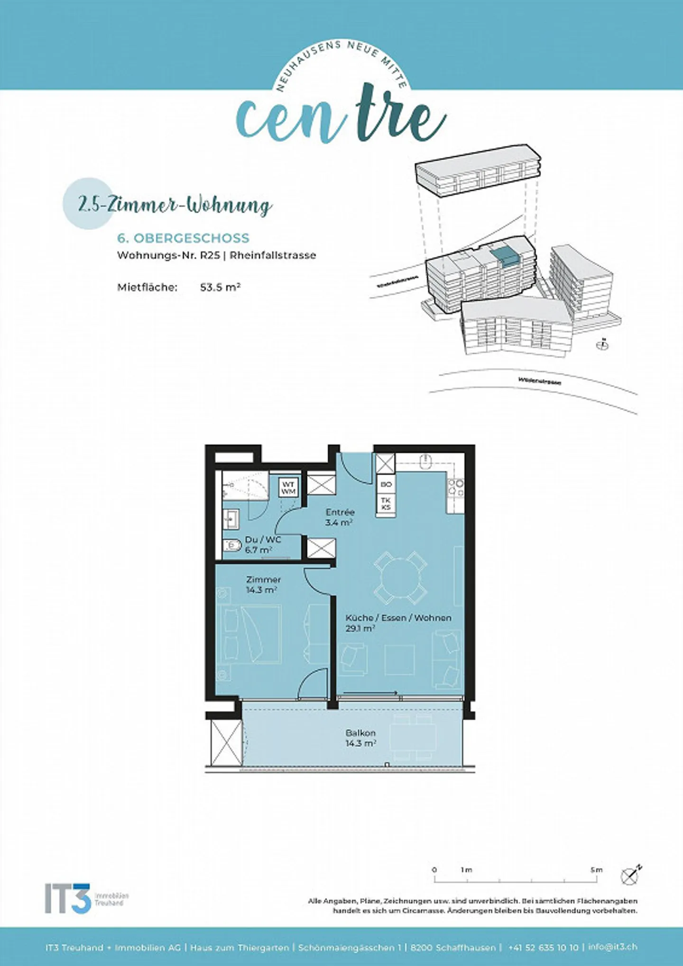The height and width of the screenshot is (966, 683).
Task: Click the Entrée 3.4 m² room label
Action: [x=339, y=517]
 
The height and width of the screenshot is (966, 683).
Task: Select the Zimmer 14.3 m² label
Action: [x=263, y=584]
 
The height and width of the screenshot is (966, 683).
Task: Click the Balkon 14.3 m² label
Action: [x=360, y=738]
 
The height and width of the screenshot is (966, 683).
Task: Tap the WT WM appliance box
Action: [x=288, y=488]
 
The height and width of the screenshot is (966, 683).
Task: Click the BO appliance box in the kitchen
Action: [x=386, y=485]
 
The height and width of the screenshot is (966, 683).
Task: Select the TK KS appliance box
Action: [x=386, y=504]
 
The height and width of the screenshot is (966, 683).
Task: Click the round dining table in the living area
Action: [x=400, y=577]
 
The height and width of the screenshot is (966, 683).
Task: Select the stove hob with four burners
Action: [x=456, y=488]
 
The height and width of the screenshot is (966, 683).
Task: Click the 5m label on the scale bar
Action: [x=596, y=870]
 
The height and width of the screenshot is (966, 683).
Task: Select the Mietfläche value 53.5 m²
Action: [x=220, y=287]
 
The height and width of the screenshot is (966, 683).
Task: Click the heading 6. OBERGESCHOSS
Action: [x=183, y=238]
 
